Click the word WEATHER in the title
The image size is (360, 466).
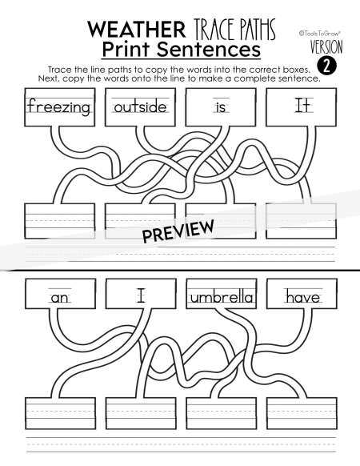[x=137, y=30]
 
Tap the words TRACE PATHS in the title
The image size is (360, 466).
[x=235, y=29]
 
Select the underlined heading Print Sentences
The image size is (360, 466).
[x=181, y=50]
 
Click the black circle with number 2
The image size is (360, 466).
[x=326, y=66]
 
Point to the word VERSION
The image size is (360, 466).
[x=326, y=47]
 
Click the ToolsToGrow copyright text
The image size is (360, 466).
[x=320, y=33]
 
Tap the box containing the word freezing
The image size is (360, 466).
[x=60, y=107]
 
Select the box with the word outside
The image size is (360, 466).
[x=140, y=107]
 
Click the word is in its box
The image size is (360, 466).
[x=221, y=107]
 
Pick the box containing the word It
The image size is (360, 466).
[x=301, y=107]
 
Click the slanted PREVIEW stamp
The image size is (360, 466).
[x=178, y=231]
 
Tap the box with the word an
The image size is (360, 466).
[x=60, y=294]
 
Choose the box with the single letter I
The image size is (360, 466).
[x=141, y=294]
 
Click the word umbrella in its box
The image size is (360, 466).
[x=222, y=298]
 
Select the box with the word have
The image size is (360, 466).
[x=302, y=294]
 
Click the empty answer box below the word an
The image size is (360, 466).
[x=60, y=413]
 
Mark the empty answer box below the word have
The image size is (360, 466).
[x=302, y=413]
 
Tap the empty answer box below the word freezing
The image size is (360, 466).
[x=60, y=221]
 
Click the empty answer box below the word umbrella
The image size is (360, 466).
[x=222, y=413]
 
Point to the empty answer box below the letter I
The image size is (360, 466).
[x=141, y=413]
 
